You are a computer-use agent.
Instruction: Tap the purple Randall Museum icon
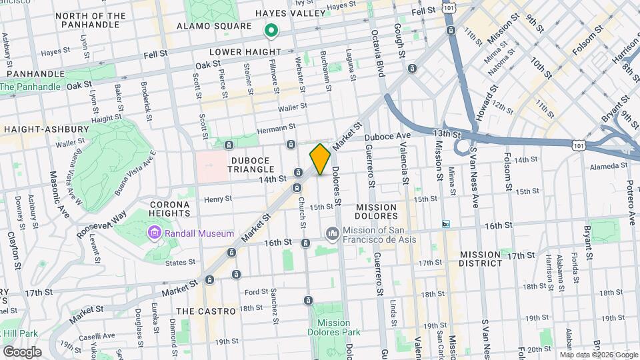coord(153,233)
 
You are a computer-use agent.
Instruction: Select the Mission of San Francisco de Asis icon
coord(332,233)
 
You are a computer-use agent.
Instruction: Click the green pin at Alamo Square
coord(271,30)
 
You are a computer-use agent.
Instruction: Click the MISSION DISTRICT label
coord(480,259)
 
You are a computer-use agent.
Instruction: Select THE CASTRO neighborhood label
coord(206,311)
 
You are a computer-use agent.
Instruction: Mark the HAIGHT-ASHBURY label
coord(47,129)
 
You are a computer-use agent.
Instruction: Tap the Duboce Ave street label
coord(387,135)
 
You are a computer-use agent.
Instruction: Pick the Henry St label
coord(218,199)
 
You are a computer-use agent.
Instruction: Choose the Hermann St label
coord(278,127)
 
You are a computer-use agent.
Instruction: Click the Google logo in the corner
coord(22,352)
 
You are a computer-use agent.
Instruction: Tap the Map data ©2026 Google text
coord(598,355)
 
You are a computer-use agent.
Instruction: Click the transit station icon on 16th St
coord(446,225)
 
